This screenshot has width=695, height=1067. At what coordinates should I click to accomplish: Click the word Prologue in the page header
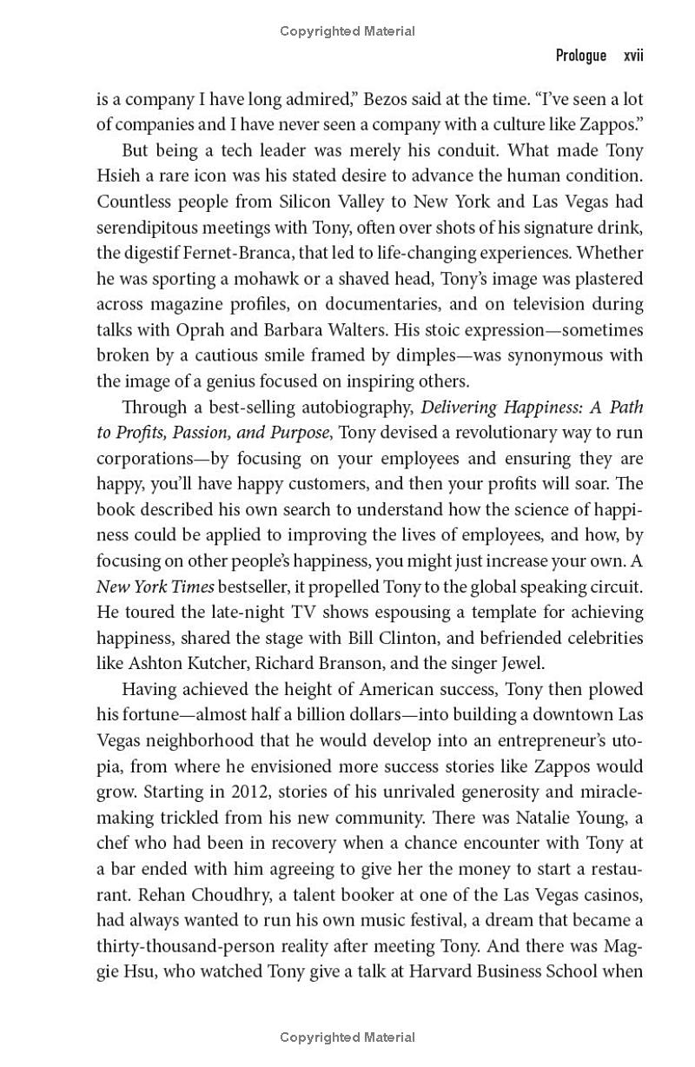(x=580, y=56)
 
